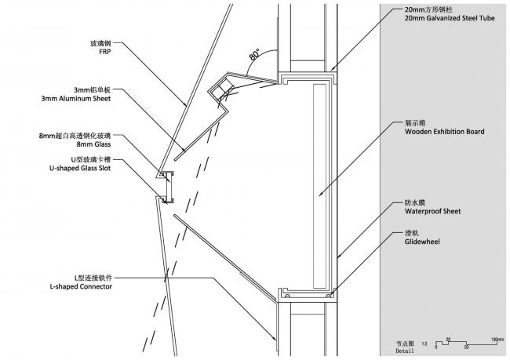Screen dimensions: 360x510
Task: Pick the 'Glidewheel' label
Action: (421, 242)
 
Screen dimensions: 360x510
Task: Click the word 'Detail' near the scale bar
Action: (405, 351)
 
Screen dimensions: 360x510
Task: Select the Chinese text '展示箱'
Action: (413, 123)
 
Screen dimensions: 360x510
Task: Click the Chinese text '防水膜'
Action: (413, 202)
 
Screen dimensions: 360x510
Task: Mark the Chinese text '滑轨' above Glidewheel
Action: (411, 233)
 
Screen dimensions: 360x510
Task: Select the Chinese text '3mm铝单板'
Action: (95, 89)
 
